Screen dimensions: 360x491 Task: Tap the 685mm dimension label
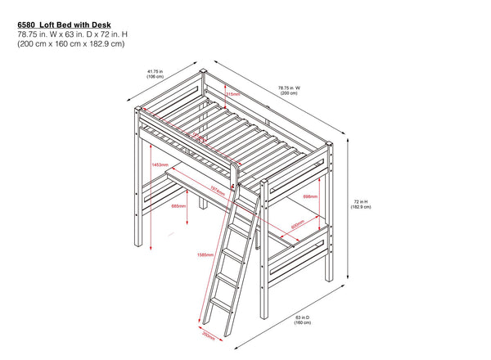coord(178,206)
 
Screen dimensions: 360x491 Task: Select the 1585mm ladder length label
coord(205,254)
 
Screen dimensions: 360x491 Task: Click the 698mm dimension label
coord(311,197)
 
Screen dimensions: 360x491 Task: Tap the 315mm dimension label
coord(233,94)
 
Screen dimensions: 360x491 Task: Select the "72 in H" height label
coord(361,200)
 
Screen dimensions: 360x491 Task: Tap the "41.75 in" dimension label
coord(155,71)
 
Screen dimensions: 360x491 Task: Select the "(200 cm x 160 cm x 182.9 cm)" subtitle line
coord(70,45)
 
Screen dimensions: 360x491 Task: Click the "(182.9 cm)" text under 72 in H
coord(361,207)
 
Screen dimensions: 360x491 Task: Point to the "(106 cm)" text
coord(155,78)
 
